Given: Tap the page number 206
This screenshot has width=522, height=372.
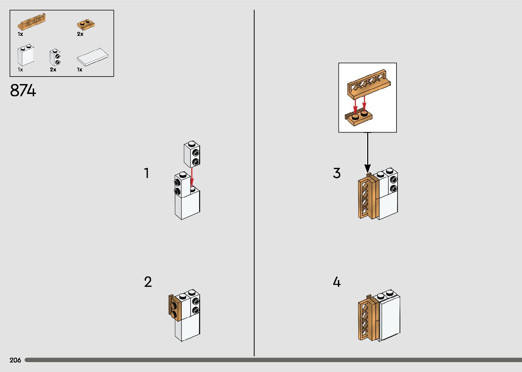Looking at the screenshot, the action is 15,360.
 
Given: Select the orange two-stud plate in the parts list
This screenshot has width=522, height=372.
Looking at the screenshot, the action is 86,24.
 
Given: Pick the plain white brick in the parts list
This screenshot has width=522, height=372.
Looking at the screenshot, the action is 26,55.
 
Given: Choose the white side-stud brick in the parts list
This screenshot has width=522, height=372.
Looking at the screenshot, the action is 55,57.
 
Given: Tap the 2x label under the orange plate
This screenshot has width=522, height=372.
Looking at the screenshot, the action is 80,34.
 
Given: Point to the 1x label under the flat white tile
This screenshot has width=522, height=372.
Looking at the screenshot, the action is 79,70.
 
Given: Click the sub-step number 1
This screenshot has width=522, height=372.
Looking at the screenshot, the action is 147,173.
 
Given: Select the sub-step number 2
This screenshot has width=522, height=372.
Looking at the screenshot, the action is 148,282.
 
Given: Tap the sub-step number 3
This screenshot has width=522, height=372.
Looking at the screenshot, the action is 337,173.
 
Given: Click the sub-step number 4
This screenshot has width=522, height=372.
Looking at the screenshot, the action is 337,282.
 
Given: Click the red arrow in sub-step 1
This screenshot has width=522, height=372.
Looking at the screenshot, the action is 192,177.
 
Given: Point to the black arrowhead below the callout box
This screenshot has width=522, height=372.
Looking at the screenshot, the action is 367,168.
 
